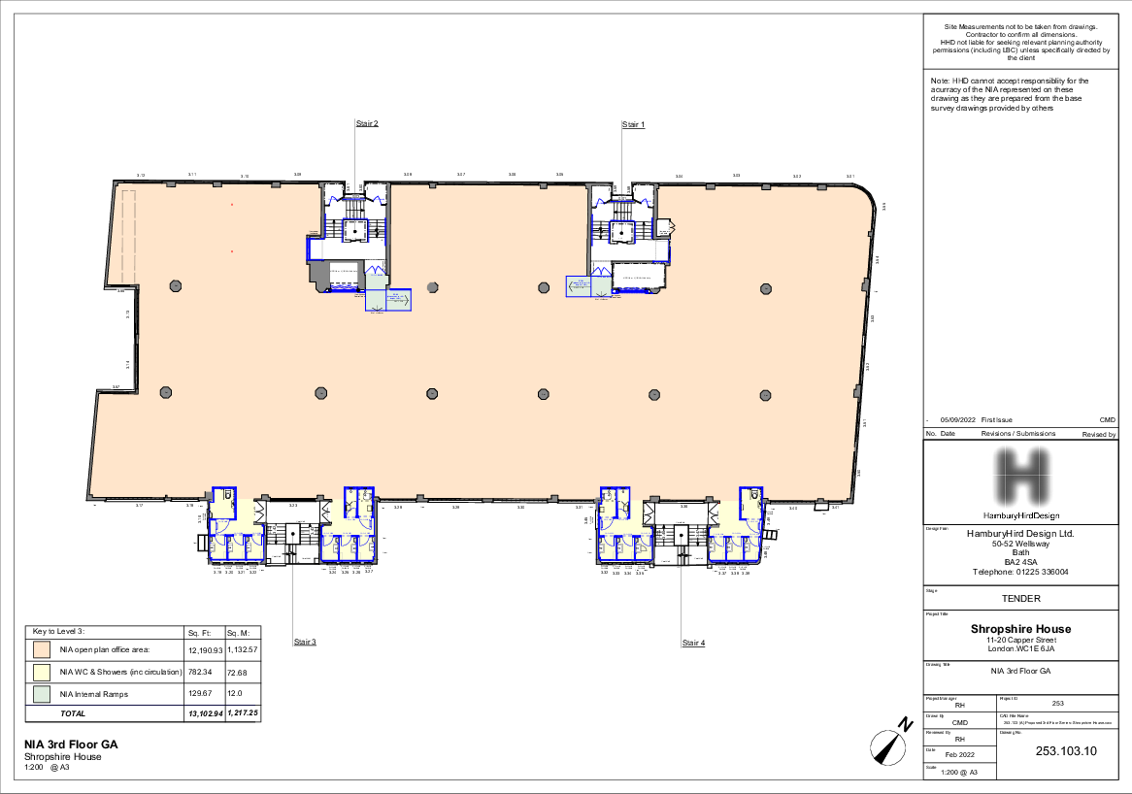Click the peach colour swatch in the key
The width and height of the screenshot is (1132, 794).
(x=42, y=649)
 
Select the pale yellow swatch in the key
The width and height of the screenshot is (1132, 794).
(x=42, y=672)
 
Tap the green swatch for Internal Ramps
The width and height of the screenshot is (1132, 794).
(x=42, y=694)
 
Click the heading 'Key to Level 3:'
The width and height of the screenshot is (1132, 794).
(x=59, y=632)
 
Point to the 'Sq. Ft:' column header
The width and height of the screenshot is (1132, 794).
(x=198, y=632)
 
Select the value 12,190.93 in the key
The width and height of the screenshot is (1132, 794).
(x=205, y=649)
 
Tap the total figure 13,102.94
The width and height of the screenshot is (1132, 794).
(x=205, y=713)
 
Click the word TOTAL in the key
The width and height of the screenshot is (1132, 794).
(x=73, y=713)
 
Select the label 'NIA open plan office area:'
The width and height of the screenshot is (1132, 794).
(x=105, y=649)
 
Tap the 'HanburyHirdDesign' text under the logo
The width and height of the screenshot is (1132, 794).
(x=1020, y=515)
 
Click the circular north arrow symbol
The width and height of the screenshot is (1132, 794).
(x=887, y=748)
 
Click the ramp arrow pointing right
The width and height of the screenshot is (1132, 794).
(x=397, y=300)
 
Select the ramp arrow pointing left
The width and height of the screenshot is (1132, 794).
(x=579, y=285)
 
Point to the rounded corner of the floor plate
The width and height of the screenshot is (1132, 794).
(x=862, y=198)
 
